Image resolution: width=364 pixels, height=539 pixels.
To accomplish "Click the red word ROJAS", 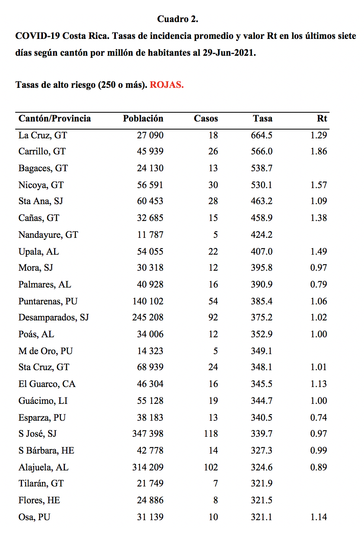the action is (167, 85).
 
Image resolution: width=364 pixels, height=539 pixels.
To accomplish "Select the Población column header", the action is (143, 118).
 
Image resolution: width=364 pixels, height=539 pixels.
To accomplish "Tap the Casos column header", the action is (206, 118).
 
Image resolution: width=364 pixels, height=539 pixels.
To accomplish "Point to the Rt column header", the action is (322, 118).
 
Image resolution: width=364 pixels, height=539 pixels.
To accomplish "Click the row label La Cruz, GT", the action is (42, 135).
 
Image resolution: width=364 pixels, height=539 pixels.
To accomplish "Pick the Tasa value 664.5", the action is (261, 135).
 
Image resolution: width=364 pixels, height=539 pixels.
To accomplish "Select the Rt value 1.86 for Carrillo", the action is (319, 151).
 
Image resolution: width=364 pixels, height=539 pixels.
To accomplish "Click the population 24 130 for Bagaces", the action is (150, 168).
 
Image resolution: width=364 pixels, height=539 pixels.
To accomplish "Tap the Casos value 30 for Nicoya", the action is (213, 185).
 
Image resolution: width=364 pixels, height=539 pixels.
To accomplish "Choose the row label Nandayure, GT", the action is (48, 235).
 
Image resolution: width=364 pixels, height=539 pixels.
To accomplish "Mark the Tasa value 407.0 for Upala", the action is (261, 252).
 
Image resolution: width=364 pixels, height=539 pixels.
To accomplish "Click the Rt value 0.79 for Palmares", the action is (319, 284).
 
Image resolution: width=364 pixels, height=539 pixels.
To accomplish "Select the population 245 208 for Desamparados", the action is (148, 317).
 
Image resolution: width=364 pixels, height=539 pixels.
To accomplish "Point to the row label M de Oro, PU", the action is (45, 351).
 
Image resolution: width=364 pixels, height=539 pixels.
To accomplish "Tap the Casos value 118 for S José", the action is (211, 434).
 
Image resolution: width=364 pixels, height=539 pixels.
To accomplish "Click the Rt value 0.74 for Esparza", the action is (319, 417).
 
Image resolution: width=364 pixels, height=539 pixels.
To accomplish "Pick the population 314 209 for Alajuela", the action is (148, 467).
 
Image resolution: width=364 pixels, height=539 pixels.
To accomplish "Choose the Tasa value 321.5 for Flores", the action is (261, 500).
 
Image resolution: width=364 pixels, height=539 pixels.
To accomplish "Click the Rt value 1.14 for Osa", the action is (319, 517).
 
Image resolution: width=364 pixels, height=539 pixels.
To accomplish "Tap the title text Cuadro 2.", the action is (178, 19).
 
